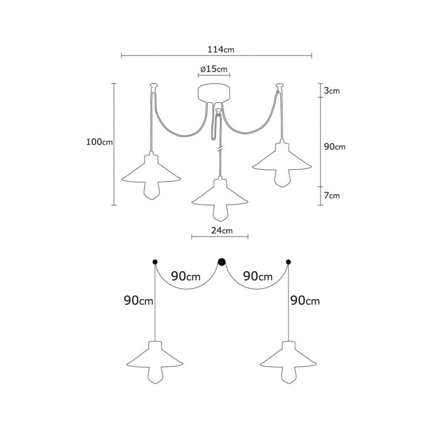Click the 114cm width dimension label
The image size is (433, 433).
tap(221, 49)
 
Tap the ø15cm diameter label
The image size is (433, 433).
tap(214, 69)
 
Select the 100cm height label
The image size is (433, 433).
tap(100, 142)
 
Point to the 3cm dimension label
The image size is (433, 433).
tap(332, 90)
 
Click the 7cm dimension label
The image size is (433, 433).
tap(332, 195)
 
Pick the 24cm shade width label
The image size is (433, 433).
tap(222, 230)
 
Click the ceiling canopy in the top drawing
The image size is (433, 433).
tap(214, 93)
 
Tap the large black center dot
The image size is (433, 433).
tap(222, 262)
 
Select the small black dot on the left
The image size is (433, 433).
tap(155, 261)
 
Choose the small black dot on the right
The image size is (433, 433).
tap(288, 261)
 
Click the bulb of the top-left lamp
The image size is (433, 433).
tap(151, 191)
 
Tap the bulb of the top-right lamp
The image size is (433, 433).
tap(281, 179)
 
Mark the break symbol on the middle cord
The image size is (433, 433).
tap(220, 149)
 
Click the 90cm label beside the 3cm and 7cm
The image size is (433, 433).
tap(334, 147)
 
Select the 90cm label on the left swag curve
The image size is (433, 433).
tap(186, 276)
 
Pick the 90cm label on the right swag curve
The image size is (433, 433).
tap(258, 276)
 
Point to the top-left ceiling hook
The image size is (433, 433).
tap(154, 86)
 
